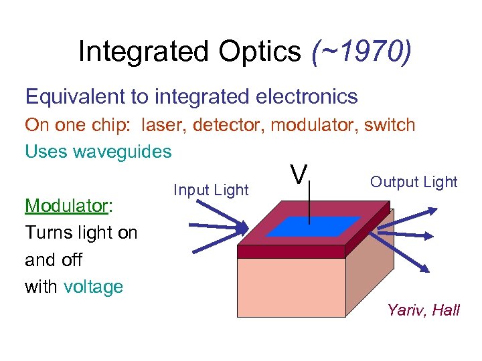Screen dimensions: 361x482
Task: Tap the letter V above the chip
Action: pyautogui.click(x=299, y=175)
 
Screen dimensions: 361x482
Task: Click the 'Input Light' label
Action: pyautogui.click(x=211, y=190)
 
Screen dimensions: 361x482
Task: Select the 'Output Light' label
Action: pyautogui.click(x=414, y=182)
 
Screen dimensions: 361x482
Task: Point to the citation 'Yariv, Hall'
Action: pyautogui.click(x=423, y=310)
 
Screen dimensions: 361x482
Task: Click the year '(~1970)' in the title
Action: pyautogui.click(x=361, y=51)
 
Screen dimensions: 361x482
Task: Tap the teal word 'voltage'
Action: pyautogui.click(x=94, y=287)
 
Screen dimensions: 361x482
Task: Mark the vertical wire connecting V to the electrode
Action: pyautogui.click(x=309, y=204)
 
